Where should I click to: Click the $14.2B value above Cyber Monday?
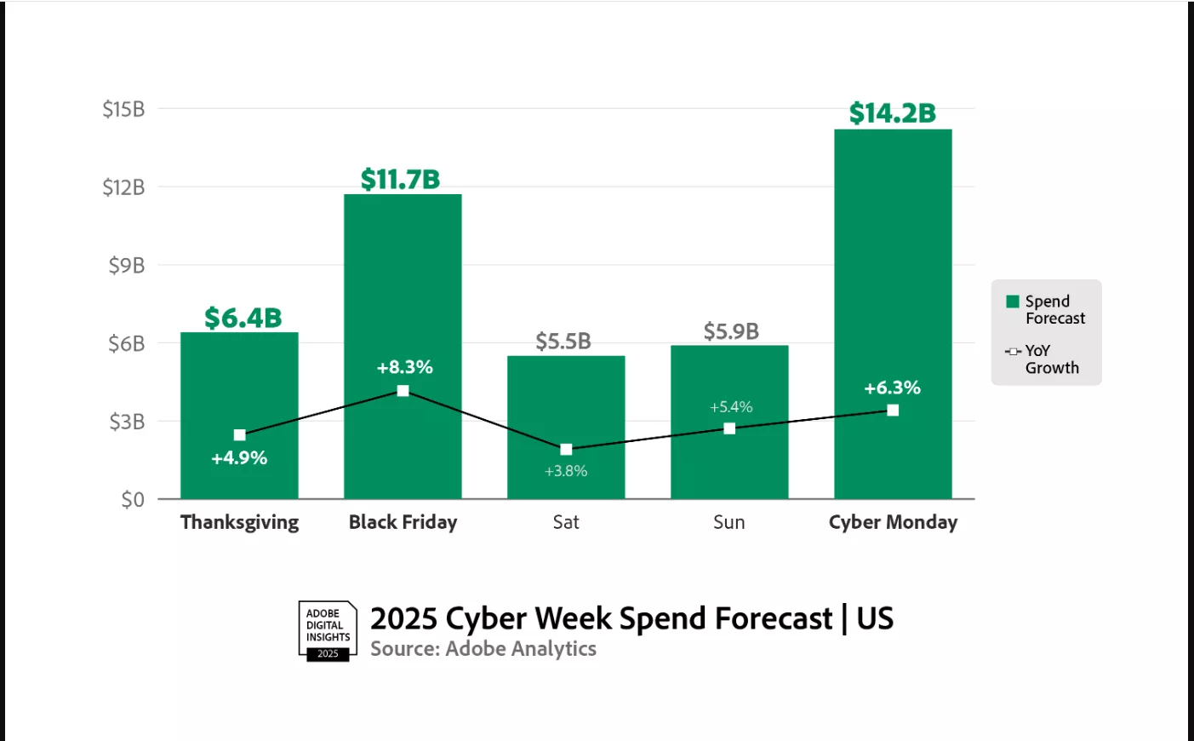tap(892, 112)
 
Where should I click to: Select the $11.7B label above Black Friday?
tap(400, 179)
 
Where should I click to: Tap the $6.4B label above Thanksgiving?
tap(243, 318)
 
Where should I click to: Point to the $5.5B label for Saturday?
tap(563, 342)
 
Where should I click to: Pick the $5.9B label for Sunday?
tap(730, 331)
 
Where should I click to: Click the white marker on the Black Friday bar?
tap(403, 391)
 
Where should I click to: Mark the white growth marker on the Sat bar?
tap(566, 450)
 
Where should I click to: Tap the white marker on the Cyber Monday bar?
tap(893, 411)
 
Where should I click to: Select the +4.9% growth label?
tap(239, 458)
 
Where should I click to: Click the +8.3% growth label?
tap(404, 367)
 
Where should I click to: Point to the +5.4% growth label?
tap(731, 407)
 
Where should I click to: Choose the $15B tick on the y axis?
tap(123, 109)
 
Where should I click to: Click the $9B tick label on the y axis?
tap(126, 266)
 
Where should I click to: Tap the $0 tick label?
tap(132, 500)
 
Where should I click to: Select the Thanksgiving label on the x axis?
tap(239, 522)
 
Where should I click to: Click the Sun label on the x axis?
tap(728, 522)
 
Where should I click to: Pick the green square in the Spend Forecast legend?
tap(1013, 302)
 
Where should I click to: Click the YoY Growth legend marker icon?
tap(1013, 351)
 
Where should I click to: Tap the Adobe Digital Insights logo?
tap(328, 631)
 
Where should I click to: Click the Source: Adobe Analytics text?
tap(483, 649)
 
